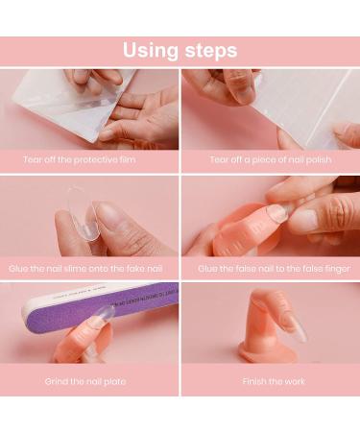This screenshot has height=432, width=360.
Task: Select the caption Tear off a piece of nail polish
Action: pos(270,158)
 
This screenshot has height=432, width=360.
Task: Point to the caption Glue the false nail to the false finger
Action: pos(270,269)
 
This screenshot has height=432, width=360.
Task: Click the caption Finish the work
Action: pos(270,381)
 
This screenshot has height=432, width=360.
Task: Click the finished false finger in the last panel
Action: pos(272,331)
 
